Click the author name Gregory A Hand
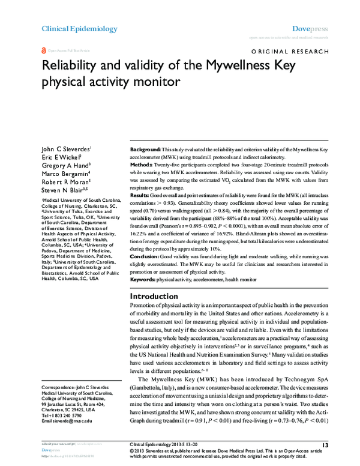(x=66, y=168)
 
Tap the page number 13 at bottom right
(x=325, y=444)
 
